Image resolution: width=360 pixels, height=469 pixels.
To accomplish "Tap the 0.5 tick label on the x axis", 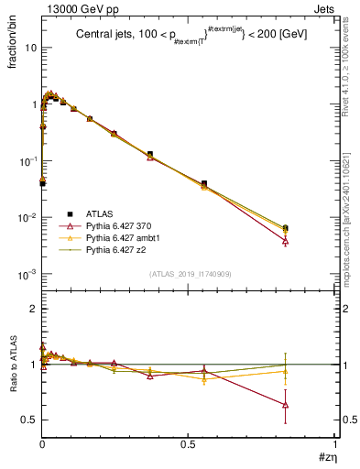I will tap(188, 443).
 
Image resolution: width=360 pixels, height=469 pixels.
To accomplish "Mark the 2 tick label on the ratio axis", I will tap(31, 309).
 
